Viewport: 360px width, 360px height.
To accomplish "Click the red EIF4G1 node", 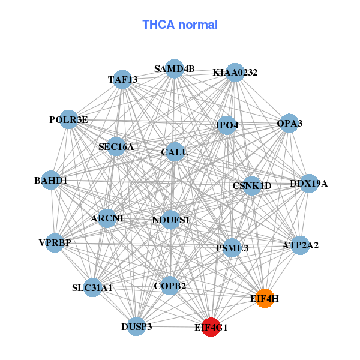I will pyautogui.click(x=211, y=327).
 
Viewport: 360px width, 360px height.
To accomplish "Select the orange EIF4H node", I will pyautogui.click(x=265, y=298).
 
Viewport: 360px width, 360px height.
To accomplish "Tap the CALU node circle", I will pyautogui.click(x=175, y=152).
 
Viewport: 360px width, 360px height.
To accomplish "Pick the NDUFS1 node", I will pyautogui.click(x=170, y=220).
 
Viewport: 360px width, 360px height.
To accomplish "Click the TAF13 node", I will pyautogui.click(x=122, y=79).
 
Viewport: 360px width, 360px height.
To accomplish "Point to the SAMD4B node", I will pyautogui.click(x=174, y=69).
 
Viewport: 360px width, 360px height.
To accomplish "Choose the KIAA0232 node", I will pyautogui.click(x=235, y=73).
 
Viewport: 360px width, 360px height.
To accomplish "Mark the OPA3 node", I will pyautogui.click(x=289, y=124).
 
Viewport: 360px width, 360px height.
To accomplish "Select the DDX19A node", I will pyautogui.click(x=308, y=183).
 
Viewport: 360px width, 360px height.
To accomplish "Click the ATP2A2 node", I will pyautogui.click(x=300, y=245).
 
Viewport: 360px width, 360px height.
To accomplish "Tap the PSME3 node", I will pyautogui.click(x=232, y=247).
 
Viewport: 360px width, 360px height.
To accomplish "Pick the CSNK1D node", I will pyautogui.click(x=252, y=186).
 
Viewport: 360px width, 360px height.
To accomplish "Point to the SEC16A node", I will pyautogui.click(x=116, y=146).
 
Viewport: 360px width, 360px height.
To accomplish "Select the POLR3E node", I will pyautogui.click(x=68, y=120).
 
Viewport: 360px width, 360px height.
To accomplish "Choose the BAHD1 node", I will pyautogui.click(x=50, y=180).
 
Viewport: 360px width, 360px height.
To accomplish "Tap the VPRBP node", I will pyautogui.click(x=55, y=243).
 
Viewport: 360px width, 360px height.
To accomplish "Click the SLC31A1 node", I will pyautogui.click(x=92, y=288).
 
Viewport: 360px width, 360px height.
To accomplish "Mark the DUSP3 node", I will pyautogui.click(x=137, y=326).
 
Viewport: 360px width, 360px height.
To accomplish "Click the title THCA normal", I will pyautogui.click(x=180, y=25).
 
